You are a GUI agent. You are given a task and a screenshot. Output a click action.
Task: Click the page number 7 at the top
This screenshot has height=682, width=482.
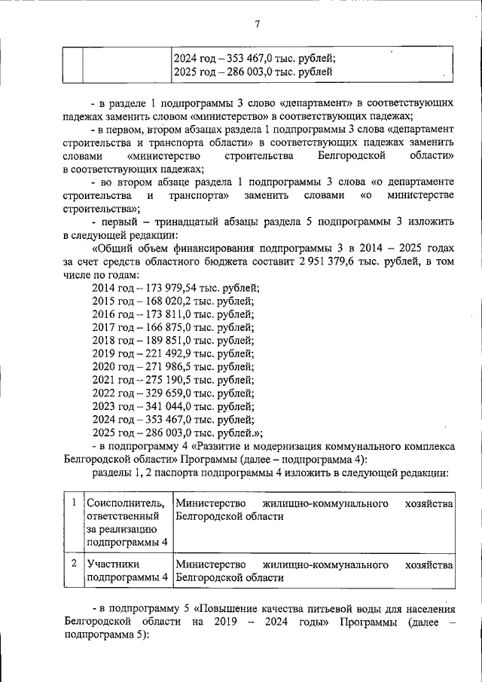pyautogui.click(x=257, y=23)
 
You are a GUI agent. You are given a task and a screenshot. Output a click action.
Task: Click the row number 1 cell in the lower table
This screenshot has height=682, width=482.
pyautogui.click(x=73, y=502)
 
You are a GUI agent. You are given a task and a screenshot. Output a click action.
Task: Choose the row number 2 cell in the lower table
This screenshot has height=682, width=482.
pyautogui.click(x=73, y=563)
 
